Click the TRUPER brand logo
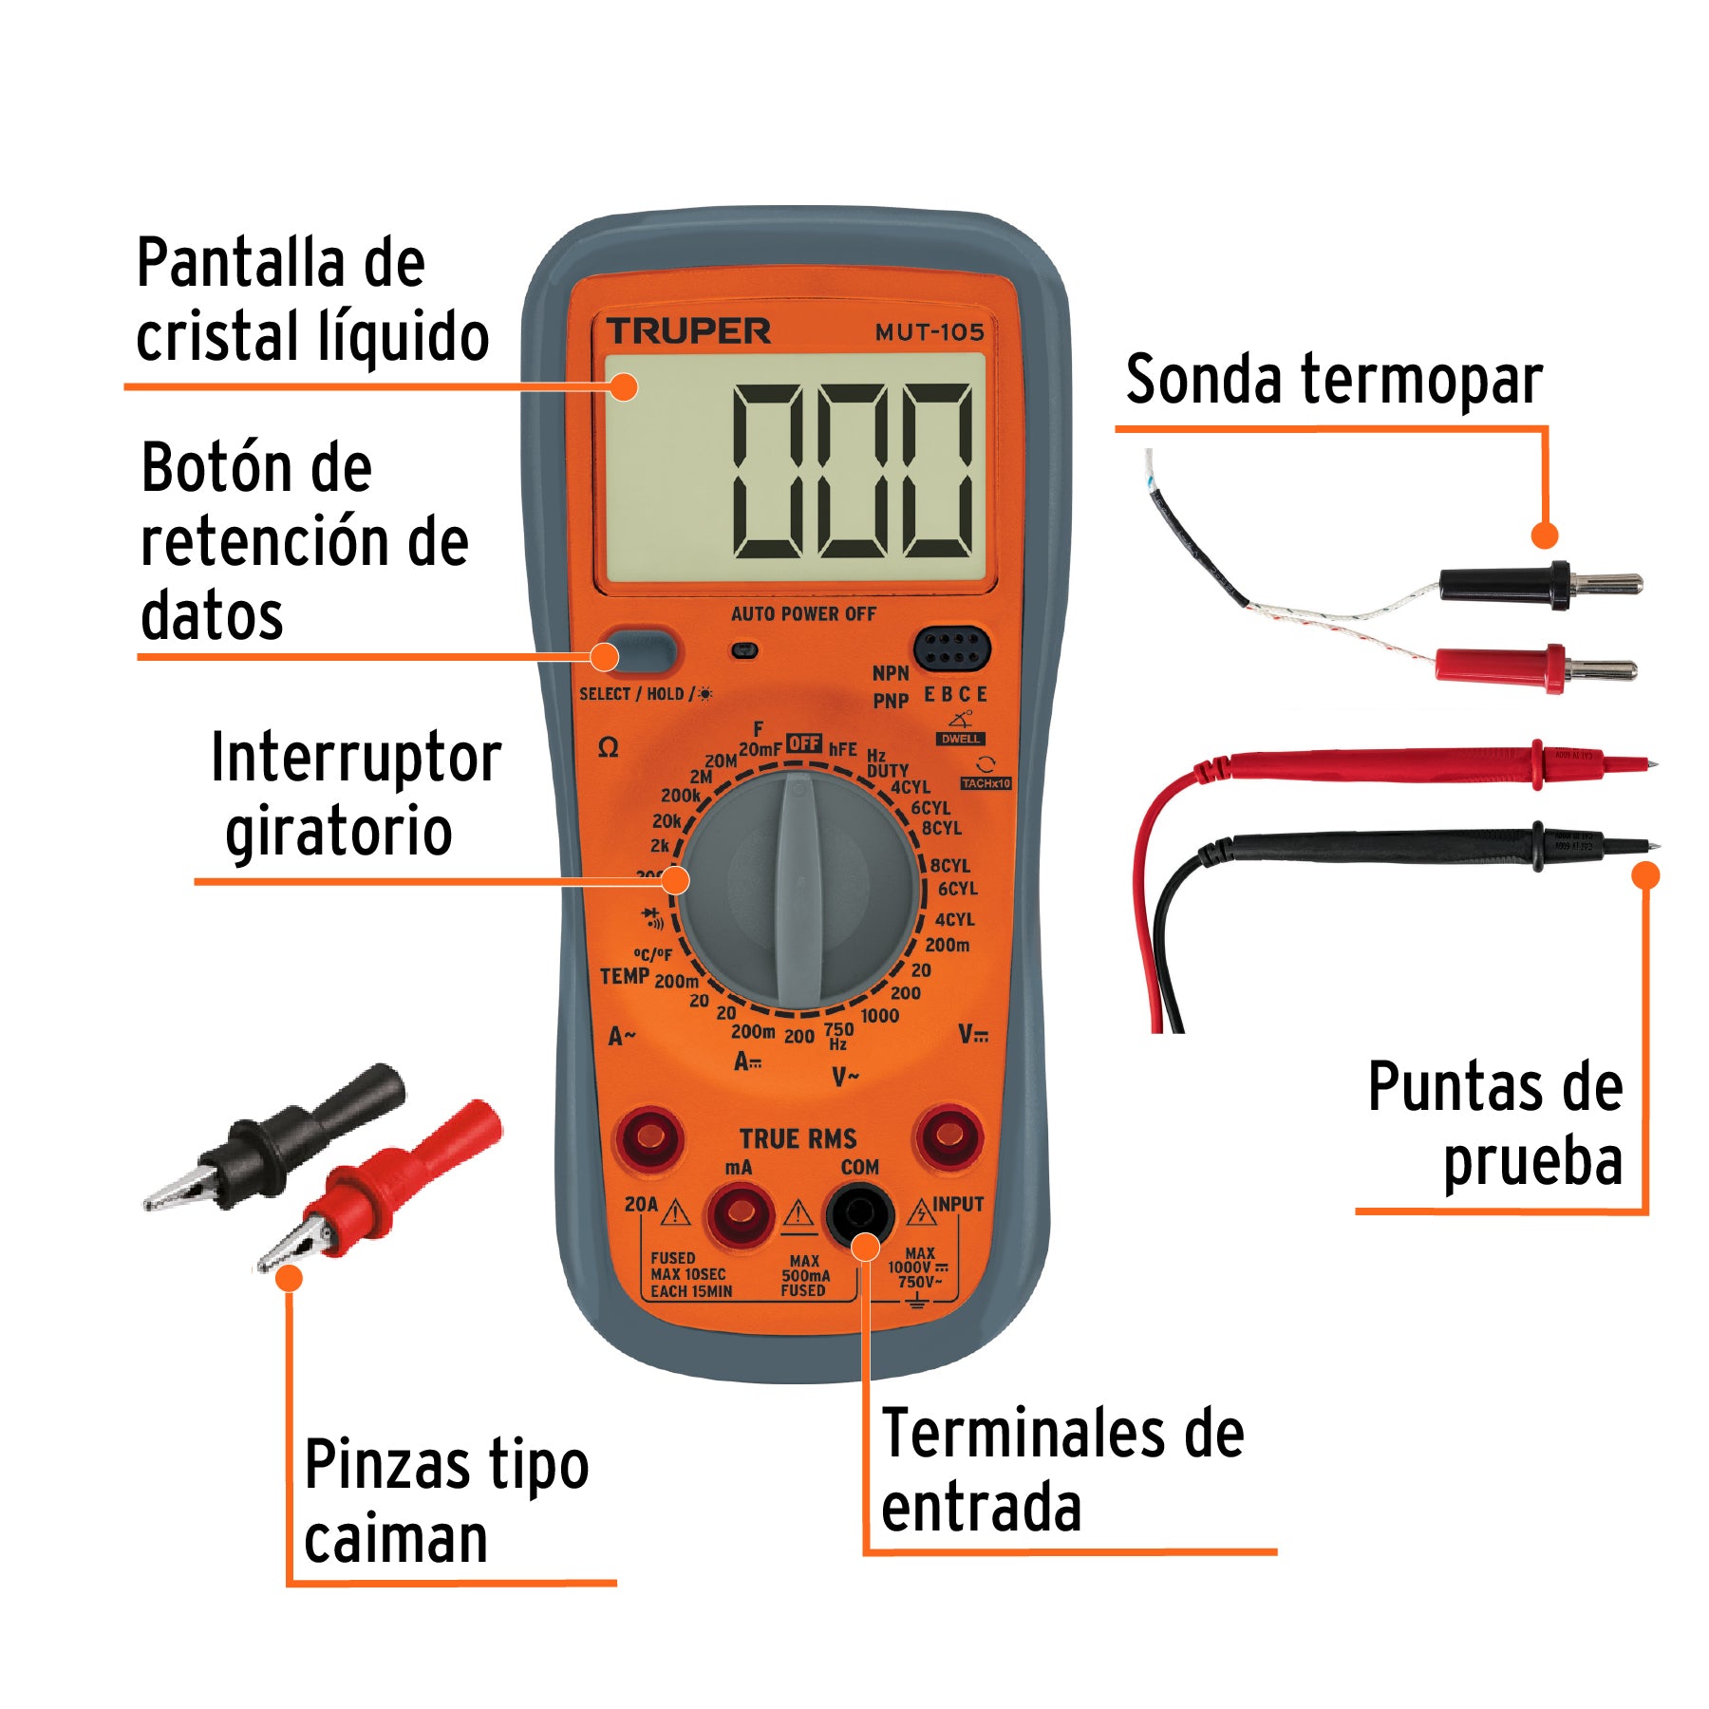coord(688,331)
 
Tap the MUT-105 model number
coord(929,332)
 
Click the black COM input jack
coord(860,1212)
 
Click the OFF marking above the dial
coord(804,743)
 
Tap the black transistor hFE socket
coord(951,649)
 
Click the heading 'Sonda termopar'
coord(1333,380)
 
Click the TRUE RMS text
coord(798,1138)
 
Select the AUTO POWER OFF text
coord(803,614)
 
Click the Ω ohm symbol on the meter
coord(609,748)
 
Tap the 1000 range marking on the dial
coord(879,1016)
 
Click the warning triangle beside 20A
coord(675,1212)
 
